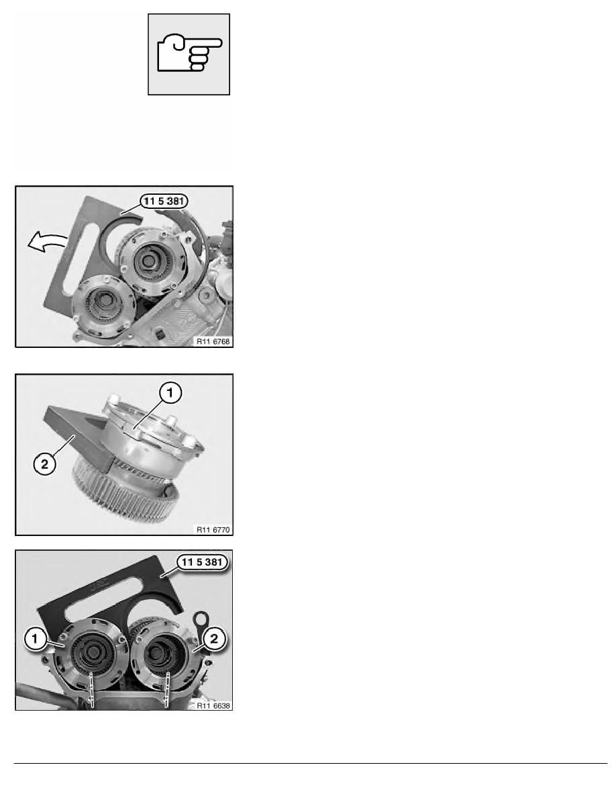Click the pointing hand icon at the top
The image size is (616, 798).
point(189,54)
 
